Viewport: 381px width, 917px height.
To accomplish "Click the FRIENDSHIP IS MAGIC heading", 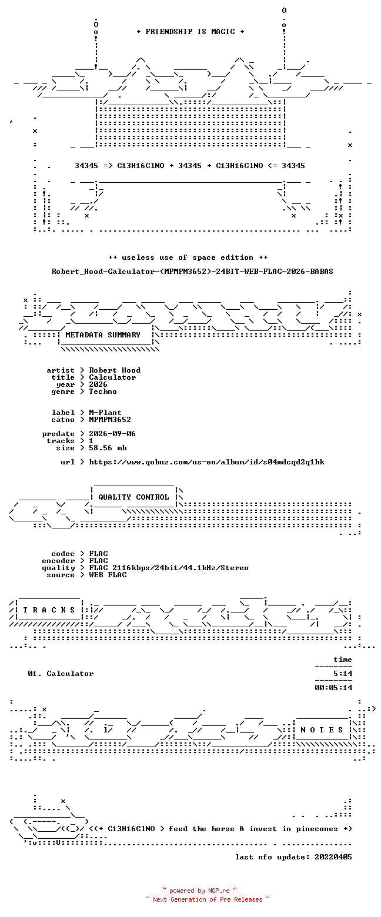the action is pyautogui.click(x=190, y=32).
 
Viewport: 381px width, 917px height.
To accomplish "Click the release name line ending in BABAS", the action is pyautogui.click(x=192, y=272).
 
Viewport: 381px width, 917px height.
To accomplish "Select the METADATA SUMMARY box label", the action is pyautogui.click(x=103, y=335).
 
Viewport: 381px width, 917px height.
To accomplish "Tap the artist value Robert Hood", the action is pyautogui.click(x=115, y=370).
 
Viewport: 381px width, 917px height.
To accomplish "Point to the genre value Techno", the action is pyautogui.click(x=103, y=391).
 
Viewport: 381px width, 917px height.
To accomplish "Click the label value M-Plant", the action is pyautogui.click(x=105, y=413).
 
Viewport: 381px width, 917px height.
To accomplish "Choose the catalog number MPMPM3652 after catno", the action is pyautogui.click(x=110, y=420).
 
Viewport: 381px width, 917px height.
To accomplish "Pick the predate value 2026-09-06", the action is pyautogui.click(x=112, y=434).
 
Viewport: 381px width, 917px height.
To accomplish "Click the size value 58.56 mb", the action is pyautogui.click(x=108, y=448).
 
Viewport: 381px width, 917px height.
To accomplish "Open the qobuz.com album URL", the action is pyautogui.click(x=206, y=462).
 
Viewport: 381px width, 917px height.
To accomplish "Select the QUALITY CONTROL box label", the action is pyautogui.click(x=133, y=497).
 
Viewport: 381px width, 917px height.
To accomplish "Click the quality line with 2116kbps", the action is pyautogui.click(x=169, y=568).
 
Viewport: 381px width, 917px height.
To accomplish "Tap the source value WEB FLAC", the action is pyautogui.click(x=108, y=575).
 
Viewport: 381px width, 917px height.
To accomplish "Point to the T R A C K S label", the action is pyautogui.click(x=49, y=610).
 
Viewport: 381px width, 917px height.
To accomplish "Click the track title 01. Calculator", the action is pyautogui.click(x=61, y=674).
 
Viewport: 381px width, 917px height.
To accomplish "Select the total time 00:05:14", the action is pyautogui.click(x=333, y=688).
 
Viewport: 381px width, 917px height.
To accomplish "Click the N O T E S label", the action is pyautogui.click(x=322, y=730).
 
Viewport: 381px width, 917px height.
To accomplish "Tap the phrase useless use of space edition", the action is pyautogui.click(x=188, y=257).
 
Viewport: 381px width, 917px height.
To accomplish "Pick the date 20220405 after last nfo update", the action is pyautogui.click(x=333, y=857).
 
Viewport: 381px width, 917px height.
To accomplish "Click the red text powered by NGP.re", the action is pyautogui.click(x=199, y=891).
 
